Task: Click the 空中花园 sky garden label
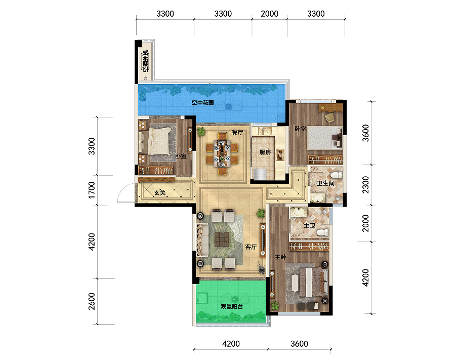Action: [x=202, y=103]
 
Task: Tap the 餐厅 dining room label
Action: [x=237, y=132]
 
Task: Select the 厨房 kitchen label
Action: [x=265, y=152]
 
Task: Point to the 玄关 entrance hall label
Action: [x=160, y=192]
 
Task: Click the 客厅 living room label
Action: [x=251, y=247]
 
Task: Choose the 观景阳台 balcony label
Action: [x=232, y=306]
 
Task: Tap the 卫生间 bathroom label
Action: [x=325, y=183]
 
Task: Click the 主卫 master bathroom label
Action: [x=310, y=226]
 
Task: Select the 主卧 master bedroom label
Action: [x=280, y=257]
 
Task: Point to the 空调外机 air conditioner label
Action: [x=145, y=61]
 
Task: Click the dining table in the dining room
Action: [x=222, y=153]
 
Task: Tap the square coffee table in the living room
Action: [x=222, y=239]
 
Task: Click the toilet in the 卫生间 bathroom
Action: [x=337, y=175]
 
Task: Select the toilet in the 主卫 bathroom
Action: [x=323, y=232]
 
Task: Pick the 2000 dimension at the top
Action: [x=269, y=14]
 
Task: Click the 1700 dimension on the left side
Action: [x=92, y=190]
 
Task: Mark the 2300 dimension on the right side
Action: [x=365, y=185]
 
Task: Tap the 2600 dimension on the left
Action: [x=92, y=301]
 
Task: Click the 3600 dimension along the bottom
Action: [x=299, y=344]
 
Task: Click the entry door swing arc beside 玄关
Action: [x=123, y=189]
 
